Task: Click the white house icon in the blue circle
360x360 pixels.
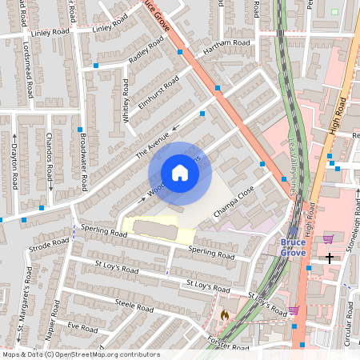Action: pos(180,173)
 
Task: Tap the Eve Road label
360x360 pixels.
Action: pos(82,328)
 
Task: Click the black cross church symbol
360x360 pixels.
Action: pos(329,258)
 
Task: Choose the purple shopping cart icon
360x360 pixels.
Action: pos(328,238)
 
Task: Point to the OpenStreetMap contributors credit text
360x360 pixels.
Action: pos(70,354)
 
